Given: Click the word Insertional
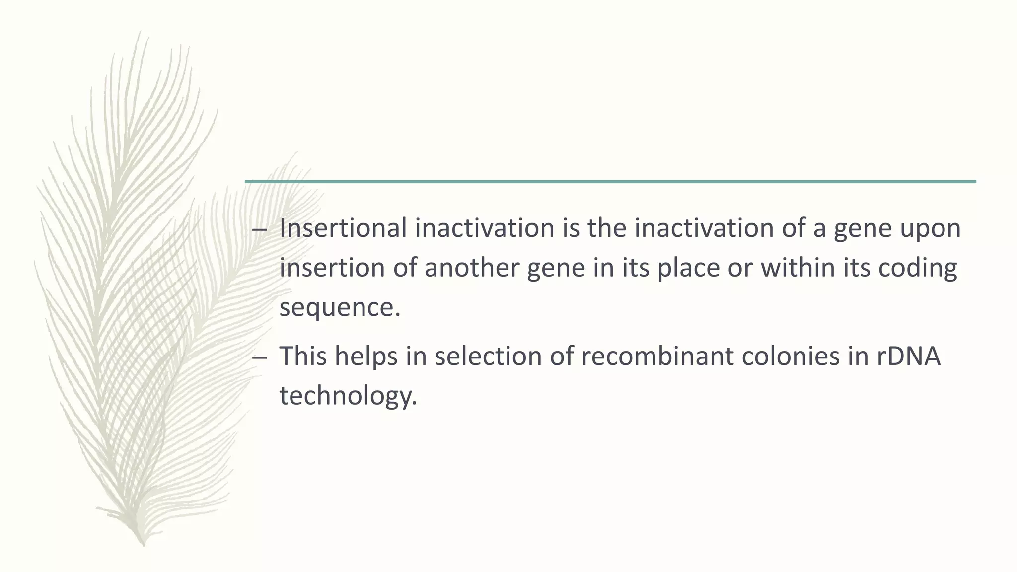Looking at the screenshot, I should (x=343, y=228).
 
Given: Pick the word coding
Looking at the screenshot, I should (x=918, y=268).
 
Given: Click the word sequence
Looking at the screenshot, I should (x=339, y=308).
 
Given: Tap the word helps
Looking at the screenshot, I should (x=366, y=357).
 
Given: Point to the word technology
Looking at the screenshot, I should (x=348, y=396).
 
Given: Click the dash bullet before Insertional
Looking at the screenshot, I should (x=259, y=230).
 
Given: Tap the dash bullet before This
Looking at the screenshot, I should (x=259, y=357).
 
